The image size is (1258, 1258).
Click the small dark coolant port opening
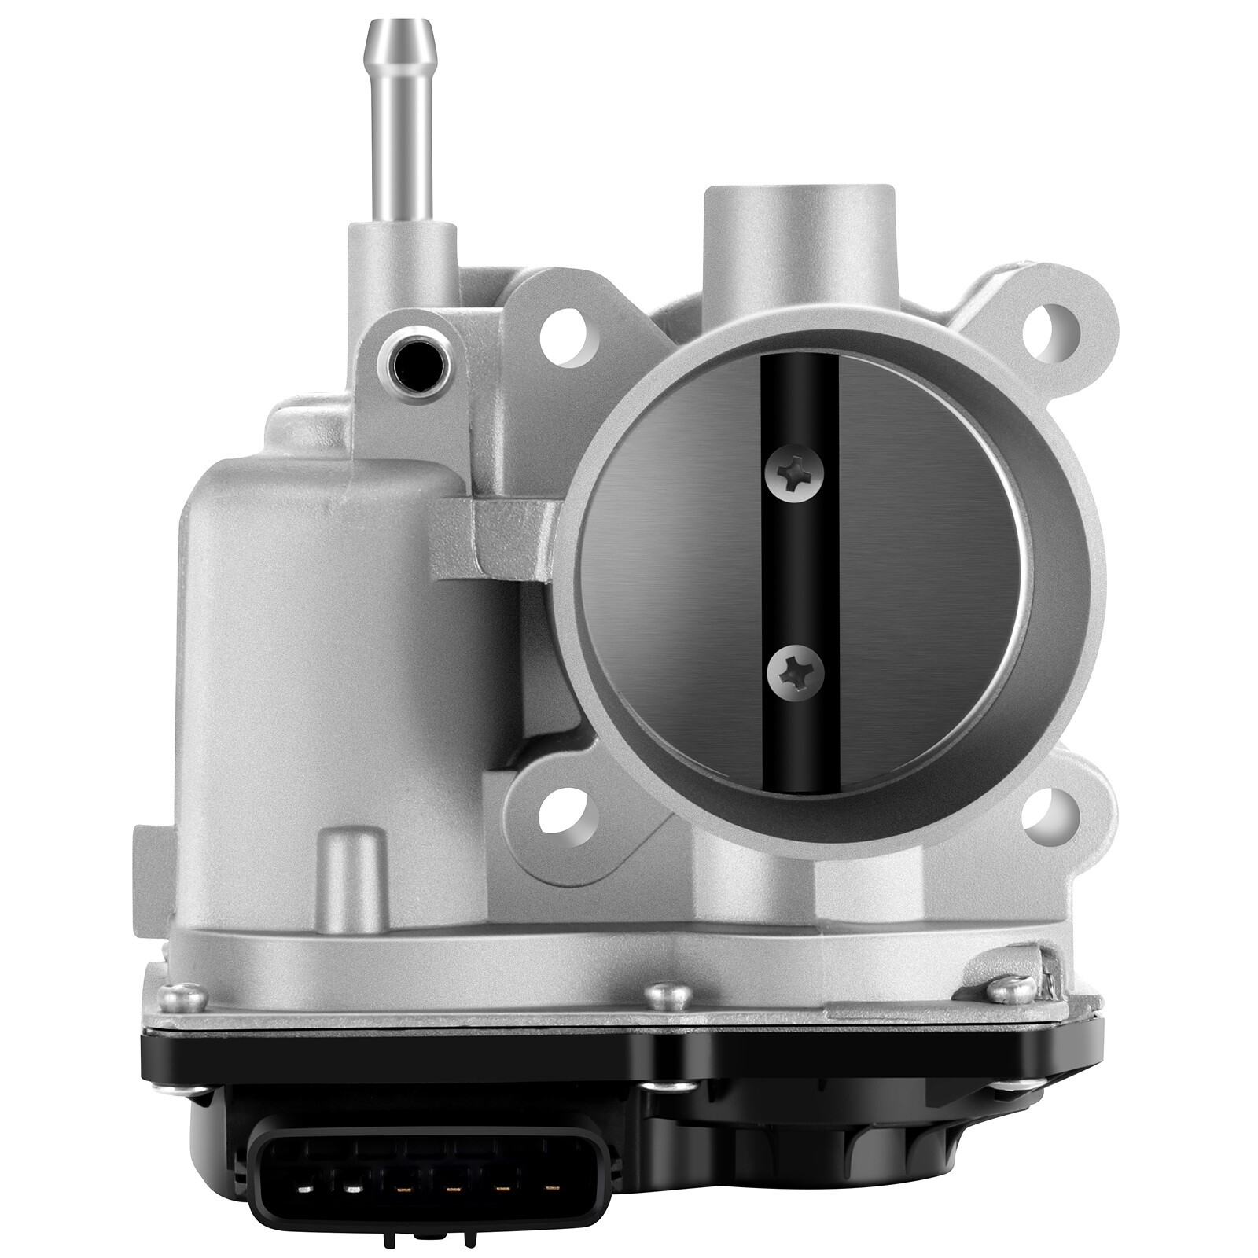pos(414,361)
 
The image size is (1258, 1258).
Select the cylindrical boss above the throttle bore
pos(798,236)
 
